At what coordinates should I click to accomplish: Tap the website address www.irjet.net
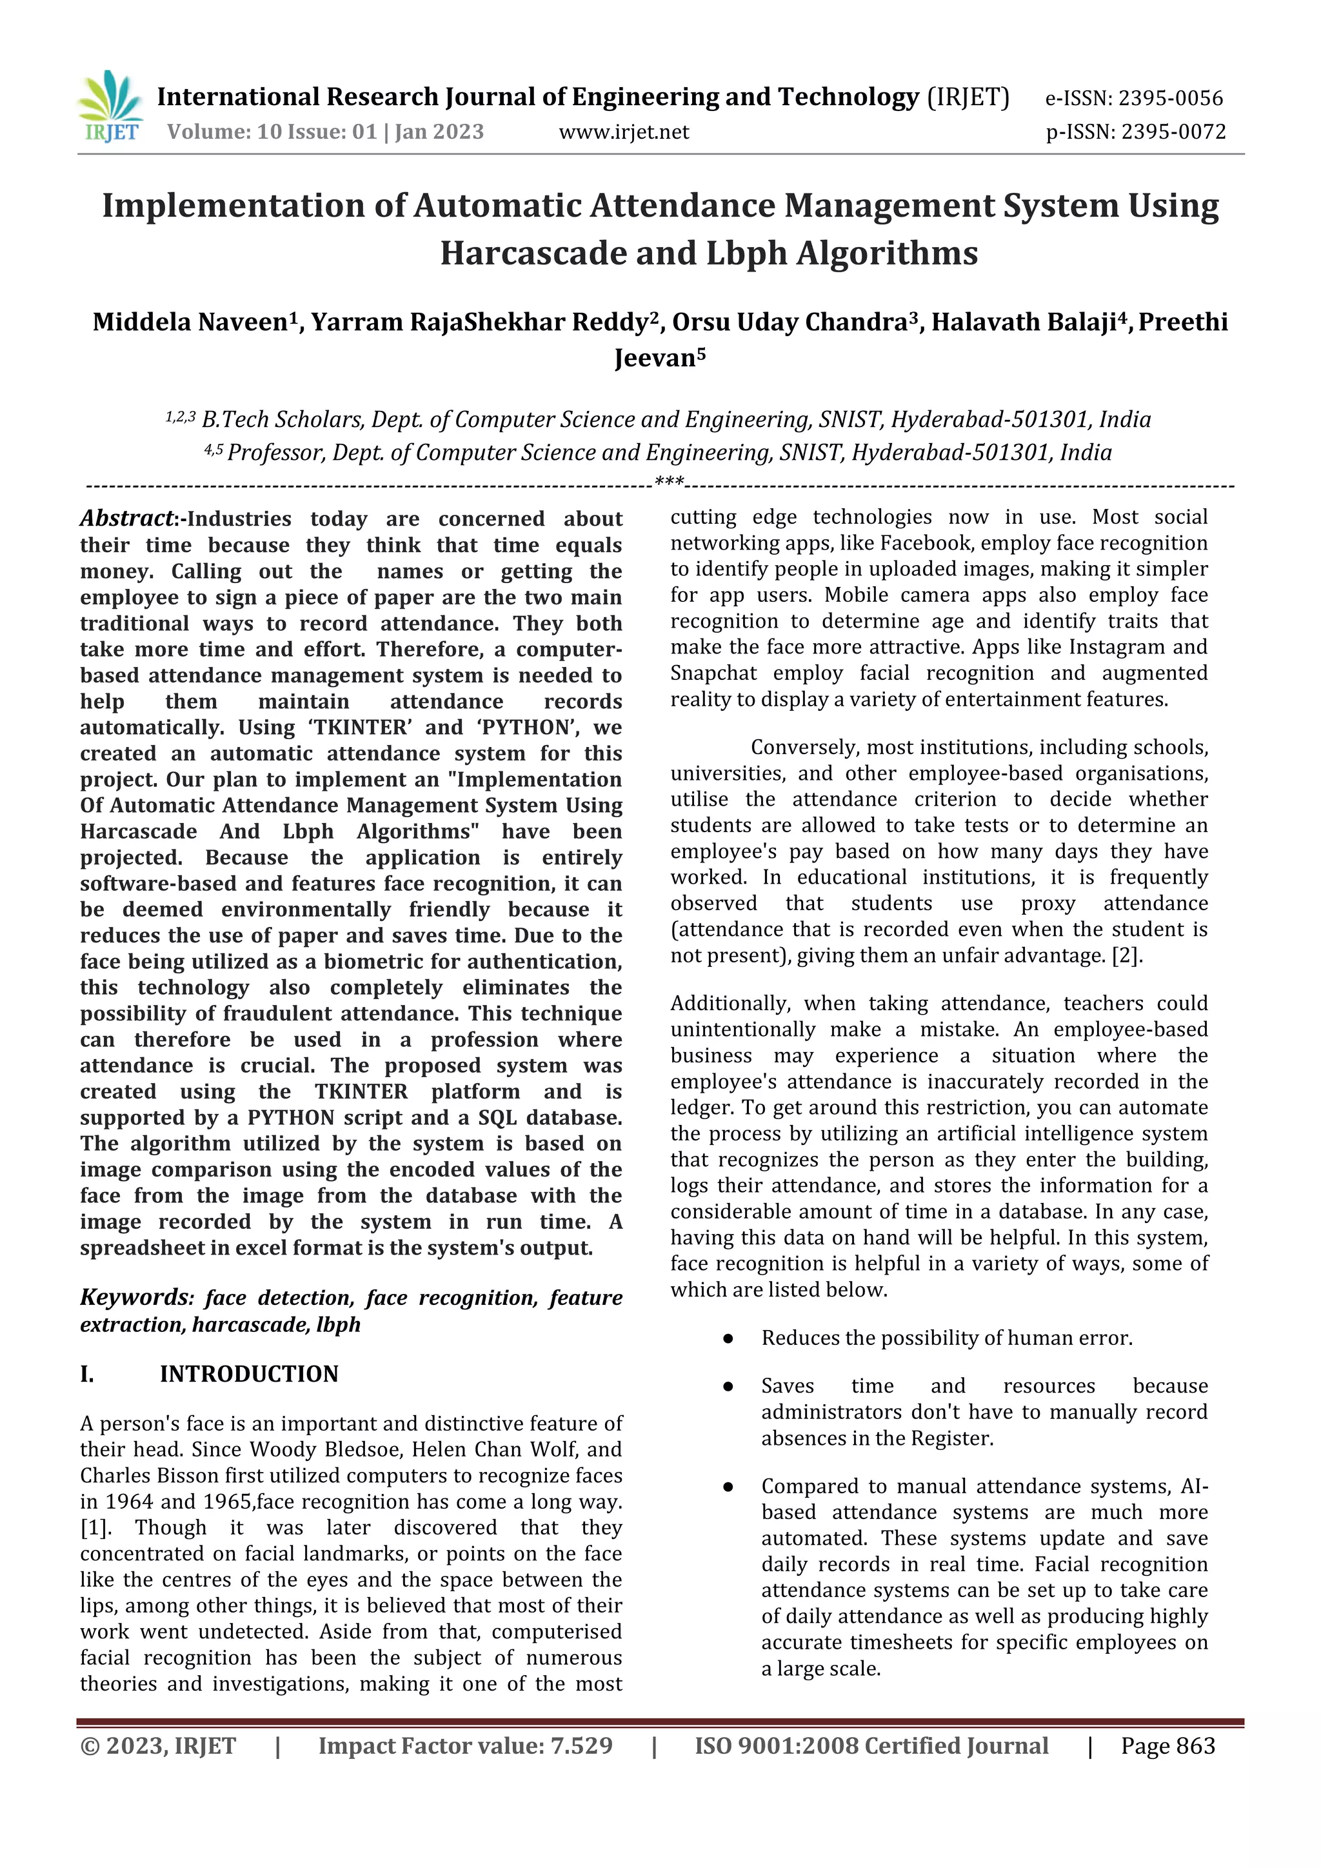(x=623, y=132)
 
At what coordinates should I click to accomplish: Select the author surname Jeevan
(x=654, y=358)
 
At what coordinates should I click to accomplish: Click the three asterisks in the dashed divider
(x=669, y=482)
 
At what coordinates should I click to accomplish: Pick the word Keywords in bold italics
(x=134, y=1297)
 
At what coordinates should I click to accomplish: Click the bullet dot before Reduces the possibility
(x=729, y=1338)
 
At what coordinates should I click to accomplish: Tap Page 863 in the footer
(x=1167, y=1746)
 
